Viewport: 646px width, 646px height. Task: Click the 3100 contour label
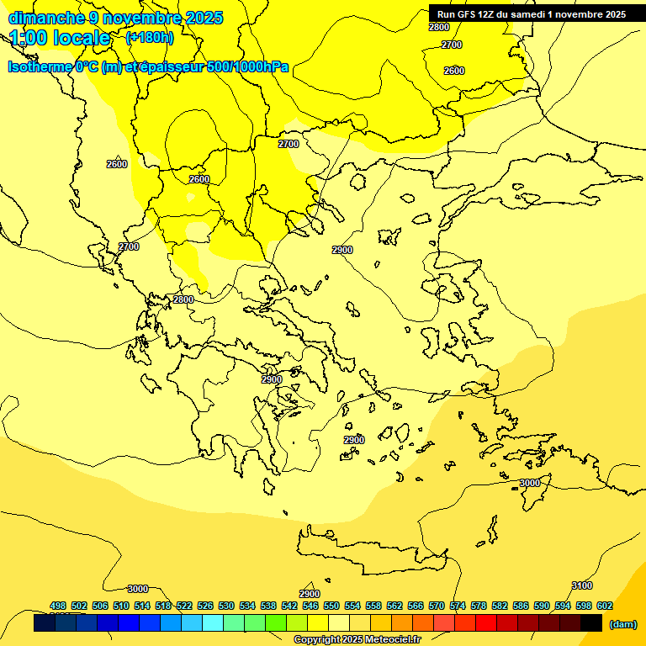(x=582, y=585)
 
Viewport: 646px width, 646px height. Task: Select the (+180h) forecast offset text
(x=150, y=37)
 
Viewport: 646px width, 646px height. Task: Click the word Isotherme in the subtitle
(x=39, y=67)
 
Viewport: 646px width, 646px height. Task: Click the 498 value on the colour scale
(x=58, y=606)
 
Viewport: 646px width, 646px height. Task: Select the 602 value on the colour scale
(x=604, y=606)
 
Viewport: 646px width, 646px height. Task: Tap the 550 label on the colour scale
(x=331, y=606)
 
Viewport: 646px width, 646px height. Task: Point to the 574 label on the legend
(x=458, y=606)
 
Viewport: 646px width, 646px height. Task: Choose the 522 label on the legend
(x=184, y=606)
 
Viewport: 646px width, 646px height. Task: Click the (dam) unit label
(x=622, y=624)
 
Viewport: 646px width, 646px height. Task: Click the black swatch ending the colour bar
(x=590, y=623)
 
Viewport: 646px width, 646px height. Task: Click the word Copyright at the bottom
(x=316, y=640)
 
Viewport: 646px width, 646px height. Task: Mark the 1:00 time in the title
(x=29, y=38)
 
